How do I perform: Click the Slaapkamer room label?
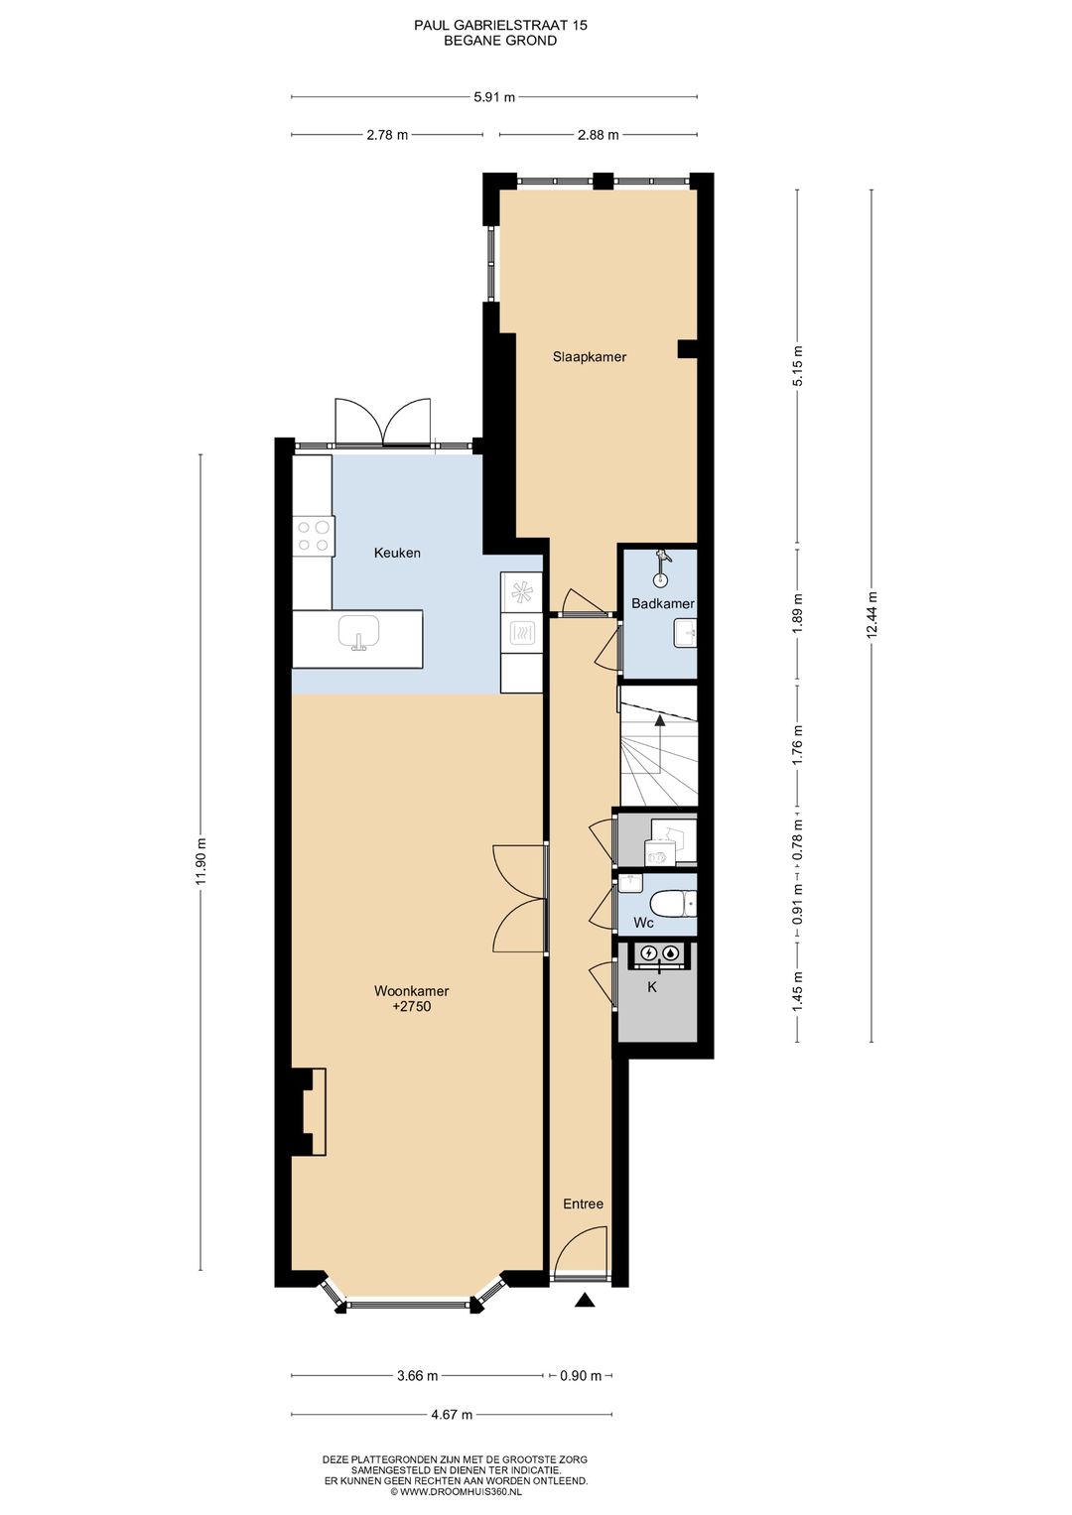tap(589, 357)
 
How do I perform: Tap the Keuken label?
tap(397, 554)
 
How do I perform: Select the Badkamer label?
tap(663, 603)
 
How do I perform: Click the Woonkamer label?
tap(412, 991)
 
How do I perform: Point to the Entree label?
tap(583, 1203)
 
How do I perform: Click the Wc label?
tap(643, 923)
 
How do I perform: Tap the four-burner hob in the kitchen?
tap(314, 535)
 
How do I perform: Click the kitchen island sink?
tap(358, 633)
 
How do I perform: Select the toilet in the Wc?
tap(672, 904)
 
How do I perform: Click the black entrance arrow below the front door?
tap(584, 1300)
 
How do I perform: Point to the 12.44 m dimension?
tap(871, 615)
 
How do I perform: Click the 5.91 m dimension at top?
tap(494, 96)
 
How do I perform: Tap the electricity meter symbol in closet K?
tap(648, 953)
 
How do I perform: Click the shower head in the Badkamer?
tap(662, 558)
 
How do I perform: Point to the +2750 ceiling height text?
tap(412, 1006)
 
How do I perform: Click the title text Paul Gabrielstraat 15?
tap(500, 25)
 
